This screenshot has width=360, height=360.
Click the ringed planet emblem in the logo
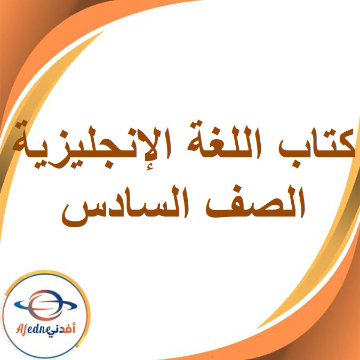tap(43, 305)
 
